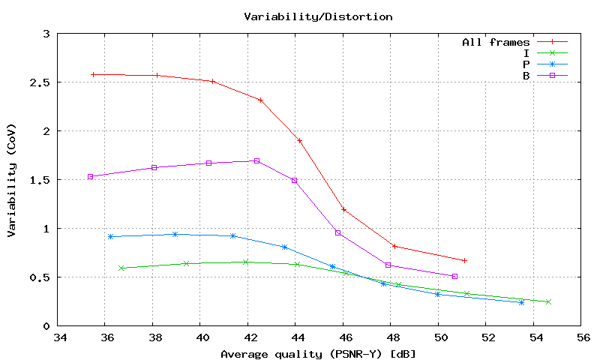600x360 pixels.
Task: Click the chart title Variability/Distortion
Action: tap(318, 16)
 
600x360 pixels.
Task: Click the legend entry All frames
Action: tap(496, 42)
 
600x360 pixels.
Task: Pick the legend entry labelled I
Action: tap(526, 53)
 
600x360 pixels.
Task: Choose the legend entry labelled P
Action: tap(526, 64)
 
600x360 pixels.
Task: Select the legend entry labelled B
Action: tap(526, 76)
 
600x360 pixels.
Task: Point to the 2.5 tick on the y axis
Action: tap(40, 82)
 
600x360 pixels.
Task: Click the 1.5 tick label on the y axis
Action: tap(40, 180)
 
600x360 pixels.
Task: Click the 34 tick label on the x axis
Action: tap(58, 338)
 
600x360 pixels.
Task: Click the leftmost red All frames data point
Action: tap(93, 74)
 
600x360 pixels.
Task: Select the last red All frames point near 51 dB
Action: tap(464, 260)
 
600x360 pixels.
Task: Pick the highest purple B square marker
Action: tap(256, 160)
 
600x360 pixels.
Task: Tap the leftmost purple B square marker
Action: tap(90, 177)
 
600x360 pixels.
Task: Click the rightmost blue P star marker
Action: tap(521, 302)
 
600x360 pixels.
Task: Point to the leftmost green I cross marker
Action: tap(121, 268)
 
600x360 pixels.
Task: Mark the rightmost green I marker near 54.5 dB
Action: tap(548, 301)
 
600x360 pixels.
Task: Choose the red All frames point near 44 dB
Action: tap(299, 140)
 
